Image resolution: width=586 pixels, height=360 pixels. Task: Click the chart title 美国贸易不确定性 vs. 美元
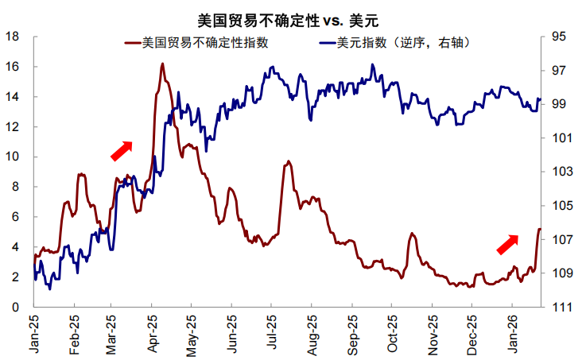[292, 15]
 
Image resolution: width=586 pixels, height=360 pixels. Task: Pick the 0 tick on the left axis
[16, 307]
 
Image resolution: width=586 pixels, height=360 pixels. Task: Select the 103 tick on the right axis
[559, 172]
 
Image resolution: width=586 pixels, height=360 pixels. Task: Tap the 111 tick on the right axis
[559, 307]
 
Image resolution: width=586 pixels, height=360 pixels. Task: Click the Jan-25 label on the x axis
[33, 334]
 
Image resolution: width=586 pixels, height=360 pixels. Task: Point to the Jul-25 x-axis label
[271, 334]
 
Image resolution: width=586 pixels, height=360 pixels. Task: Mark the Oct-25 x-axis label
[392, 334]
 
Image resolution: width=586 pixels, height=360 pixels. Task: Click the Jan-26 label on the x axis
[514, 334]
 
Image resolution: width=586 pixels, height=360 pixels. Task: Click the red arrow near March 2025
[122, 150]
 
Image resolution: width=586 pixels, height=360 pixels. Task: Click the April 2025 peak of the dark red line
[162, 64]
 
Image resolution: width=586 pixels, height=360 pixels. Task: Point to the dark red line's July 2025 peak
[288, 161]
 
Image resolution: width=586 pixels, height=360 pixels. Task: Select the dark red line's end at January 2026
[540, 229]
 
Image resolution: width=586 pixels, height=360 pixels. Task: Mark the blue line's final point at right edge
[540, 99]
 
